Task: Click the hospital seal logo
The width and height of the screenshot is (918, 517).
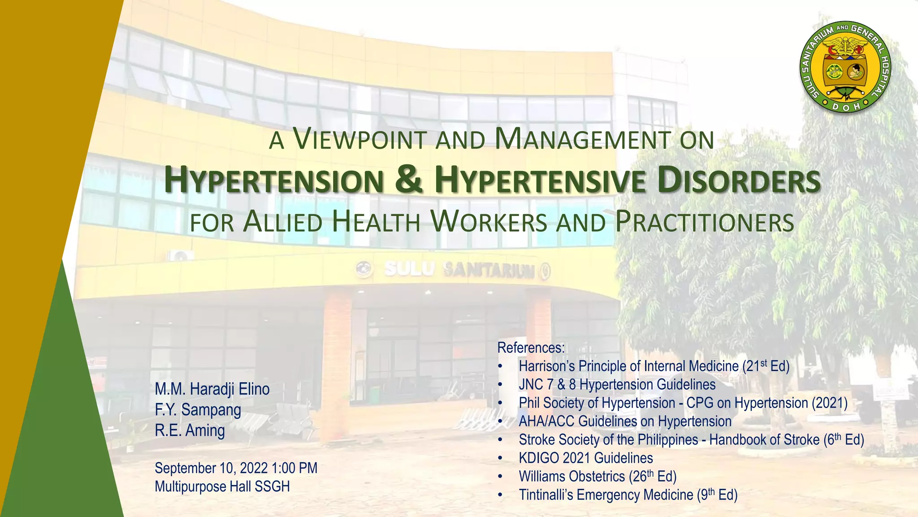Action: [845, 66]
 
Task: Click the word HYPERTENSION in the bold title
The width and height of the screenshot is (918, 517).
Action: [273, 180]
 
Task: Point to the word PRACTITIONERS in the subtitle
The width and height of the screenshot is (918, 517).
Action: [704, 223]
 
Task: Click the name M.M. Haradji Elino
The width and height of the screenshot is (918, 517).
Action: [212, 389]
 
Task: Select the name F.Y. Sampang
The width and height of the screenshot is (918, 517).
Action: [198, 410]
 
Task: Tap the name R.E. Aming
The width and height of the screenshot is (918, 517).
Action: [190, 430]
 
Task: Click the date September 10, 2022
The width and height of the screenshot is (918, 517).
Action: [211, 468]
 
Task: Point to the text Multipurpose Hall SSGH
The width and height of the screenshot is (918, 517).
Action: [222, 486]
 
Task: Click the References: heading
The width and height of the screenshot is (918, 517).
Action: [531, 348]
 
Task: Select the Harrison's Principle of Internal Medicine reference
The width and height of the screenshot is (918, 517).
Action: [654, 366]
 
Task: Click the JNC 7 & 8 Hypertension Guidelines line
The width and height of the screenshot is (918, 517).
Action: [617, 385]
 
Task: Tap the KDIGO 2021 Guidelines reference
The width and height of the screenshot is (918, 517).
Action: [585, 458]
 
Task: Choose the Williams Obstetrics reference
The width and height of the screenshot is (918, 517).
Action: [597, 477]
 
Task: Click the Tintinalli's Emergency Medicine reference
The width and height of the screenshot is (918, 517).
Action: [628, 495]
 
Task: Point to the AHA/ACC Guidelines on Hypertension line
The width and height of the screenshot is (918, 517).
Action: [625, 421]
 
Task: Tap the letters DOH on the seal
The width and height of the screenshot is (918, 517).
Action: [845, 107]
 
